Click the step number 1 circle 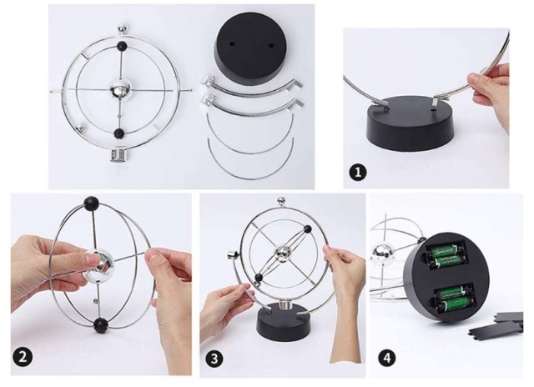pyautogui.click(x=358, y=172)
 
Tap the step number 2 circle pyautogui.click(x=23, y=358)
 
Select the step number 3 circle pyautogui.click(x=214, y=359)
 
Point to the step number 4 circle pyautogui.click(x=387, y=358)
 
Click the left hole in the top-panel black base pyautogui.click(x=232, y=43)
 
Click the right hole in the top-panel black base pyautogui.click(x=271, y=45)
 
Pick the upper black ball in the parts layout pyautogui.click(x=122, y=46)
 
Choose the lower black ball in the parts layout pyautogui.click(x=118, y=133)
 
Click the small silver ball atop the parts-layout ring pyautogui.click(x=123, y=29)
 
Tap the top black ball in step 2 pyautogui.click(x=92, y=204)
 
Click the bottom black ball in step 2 pyautogui.click(x=101, y=324)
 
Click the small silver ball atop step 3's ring pyautogui.click(x=282, y=201)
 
